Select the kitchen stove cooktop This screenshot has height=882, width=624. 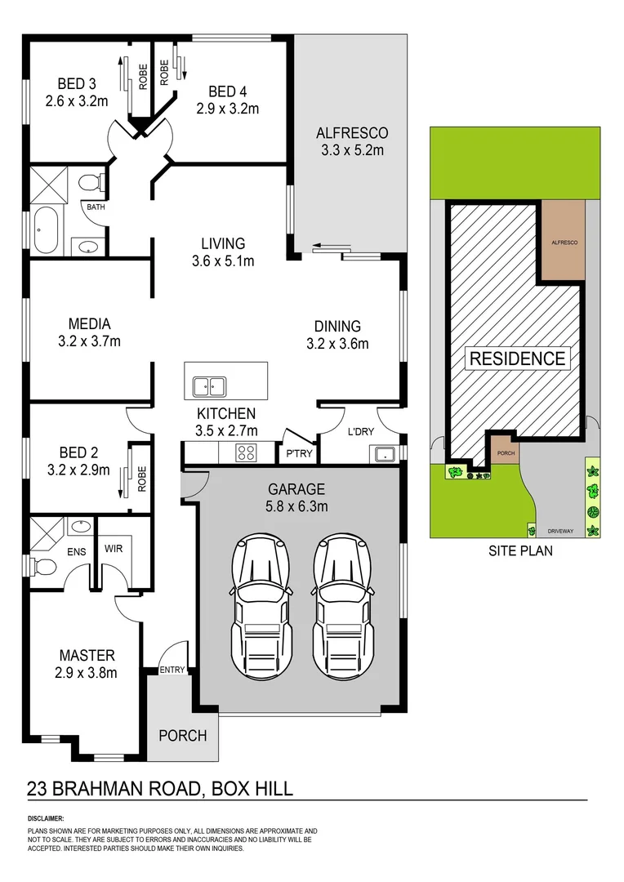click(247, 452)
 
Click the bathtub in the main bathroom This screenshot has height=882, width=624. click(44, 230)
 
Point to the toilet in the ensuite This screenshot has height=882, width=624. click(47, 565)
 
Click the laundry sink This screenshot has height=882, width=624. click(383, 453)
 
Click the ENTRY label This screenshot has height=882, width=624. click(172, 670)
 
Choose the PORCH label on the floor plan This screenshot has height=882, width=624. click(182, 735)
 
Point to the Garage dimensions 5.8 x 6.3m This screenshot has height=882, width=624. click(297, 506)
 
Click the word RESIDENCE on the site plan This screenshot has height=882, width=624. click(516, 358)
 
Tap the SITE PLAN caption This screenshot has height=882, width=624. click(520, 550)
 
